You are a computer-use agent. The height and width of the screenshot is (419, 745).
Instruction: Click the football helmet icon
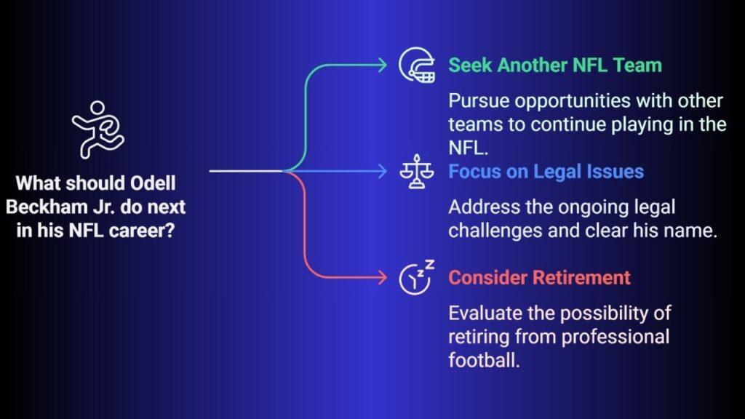click(417, 65)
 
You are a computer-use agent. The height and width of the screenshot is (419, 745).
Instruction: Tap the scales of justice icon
click(417, 171)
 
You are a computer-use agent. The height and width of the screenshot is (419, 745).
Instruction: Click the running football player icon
click(98, 129)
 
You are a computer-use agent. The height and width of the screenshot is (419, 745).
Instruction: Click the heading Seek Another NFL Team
click(555, 65)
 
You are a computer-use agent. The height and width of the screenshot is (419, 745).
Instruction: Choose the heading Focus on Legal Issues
click(546, 172)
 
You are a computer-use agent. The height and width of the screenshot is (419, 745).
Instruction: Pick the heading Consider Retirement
click(539, 277)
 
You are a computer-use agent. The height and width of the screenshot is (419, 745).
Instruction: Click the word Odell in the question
click(153, 183)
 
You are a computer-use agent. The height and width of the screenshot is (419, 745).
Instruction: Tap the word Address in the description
click(484, 207)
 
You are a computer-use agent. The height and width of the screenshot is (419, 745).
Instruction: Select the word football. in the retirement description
click(484, 360)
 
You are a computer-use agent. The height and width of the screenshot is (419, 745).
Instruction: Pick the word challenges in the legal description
click(495, 231)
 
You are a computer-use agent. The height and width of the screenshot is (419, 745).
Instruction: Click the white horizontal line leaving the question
click(246, 171)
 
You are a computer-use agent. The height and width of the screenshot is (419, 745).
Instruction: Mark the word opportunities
click(573, 101)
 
